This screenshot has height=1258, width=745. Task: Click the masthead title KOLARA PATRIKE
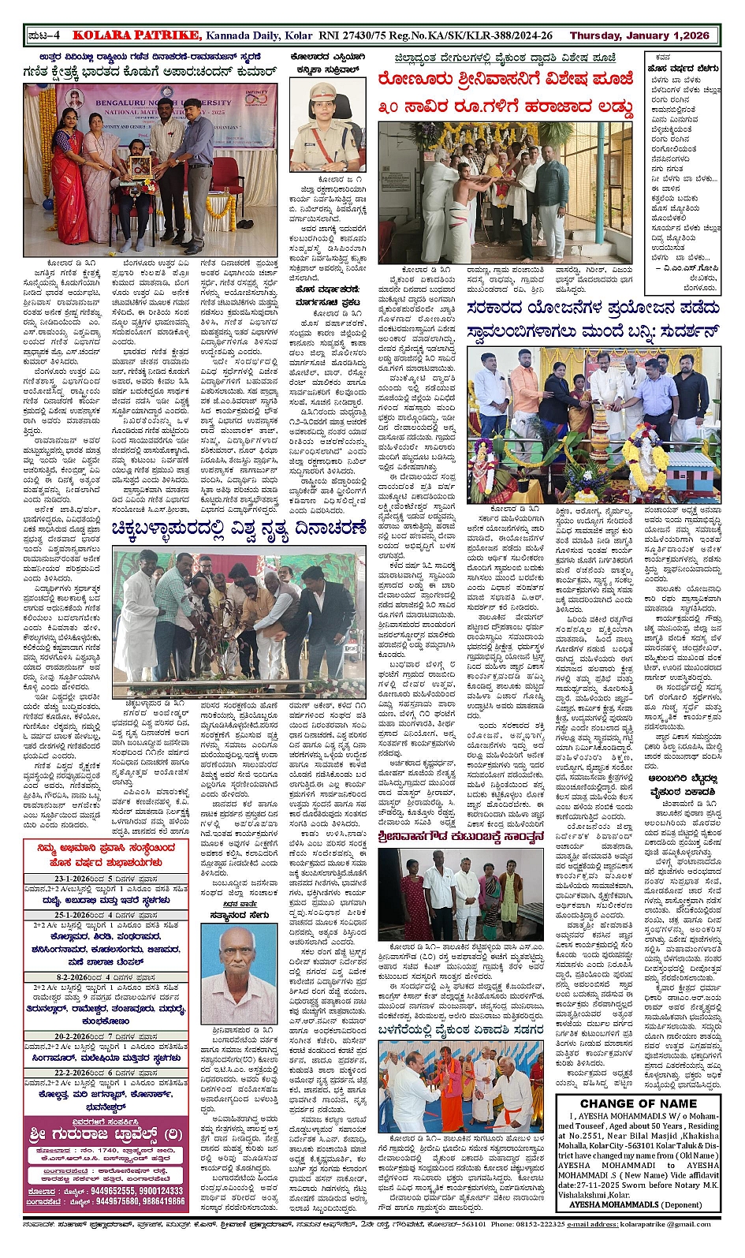pos(136,35)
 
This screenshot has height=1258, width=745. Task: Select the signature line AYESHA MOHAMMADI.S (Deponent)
pos(625,1204)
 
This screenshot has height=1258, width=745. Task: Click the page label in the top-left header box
pos(47,35)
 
